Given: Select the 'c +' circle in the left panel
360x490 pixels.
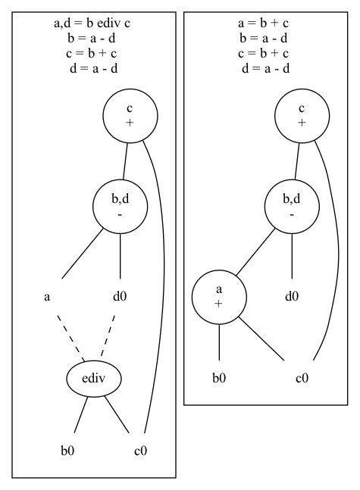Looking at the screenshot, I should [x=130, y=117].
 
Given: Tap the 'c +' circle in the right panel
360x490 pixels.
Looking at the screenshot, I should [x=302, y=117].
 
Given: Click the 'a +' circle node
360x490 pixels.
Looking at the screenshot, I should [x=219, y=296].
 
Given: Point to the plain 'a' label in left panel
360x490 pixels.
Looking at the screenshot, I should [x=47, y=296].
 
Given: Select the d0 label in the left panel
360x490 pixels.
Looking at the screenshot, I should [x=119, y=296].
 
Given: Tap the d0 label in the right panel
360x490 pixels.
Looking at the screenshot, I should [x=292, y=296].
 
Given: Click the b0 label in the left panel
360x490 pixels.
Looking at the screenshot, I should [x=67, y=451].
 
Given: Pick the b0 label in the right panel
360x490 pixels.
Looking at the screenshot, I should [x=219, y=377].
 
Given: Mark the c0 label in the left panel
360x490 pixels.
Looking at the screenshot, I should [x=139, y=451].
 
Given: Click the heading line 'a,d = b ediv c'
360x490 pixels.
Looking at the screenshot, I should [x=94, y=23].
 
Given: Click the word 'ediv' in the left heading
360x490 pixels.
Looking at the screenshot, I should [x=111, y=23].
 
